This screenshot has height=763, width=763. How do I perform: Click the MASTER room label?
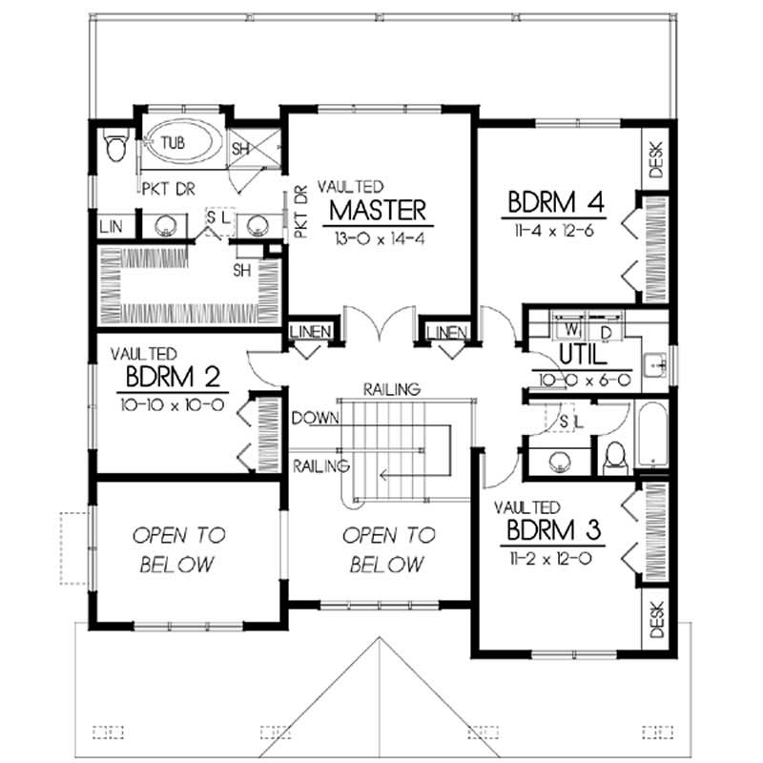(378, 208)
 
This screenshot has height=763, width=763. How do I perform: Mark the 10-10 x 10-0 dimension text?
(172, 403)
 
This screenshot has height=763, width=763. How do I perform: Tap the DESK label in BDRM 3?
(656, 618)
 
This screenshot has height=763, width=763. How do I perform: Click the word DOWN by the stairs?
(313, 418)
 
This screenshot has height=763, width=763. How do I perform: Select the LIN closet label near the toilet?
(111, 227)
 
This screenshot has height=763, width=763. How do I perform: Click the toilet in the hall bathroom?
(615, 459)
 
